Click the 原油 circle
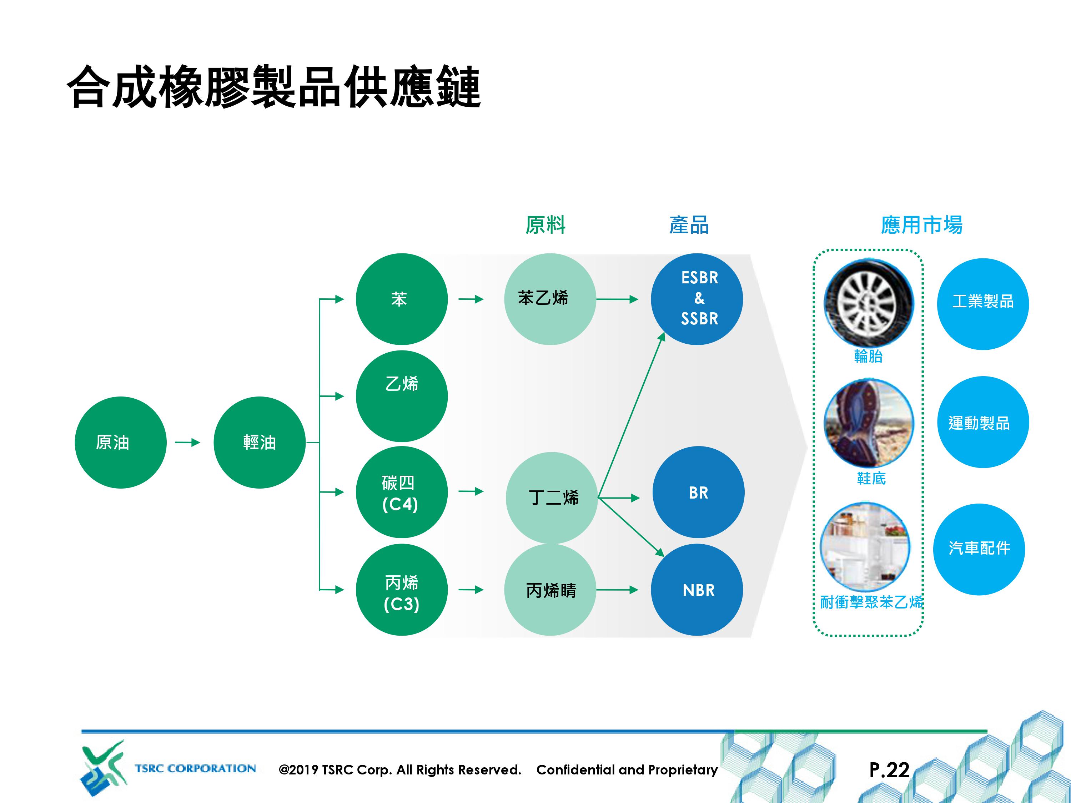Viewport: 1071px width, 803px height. tap(121, 443)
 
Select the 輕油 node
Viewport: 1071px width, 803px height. tap(260, 443)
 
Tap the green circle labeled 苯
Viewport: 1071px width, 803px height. tap(402, 299)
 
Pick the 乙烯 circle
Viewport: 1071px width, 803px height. tap(402, 396)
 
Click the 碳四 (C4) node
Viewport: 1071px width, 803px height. tap(402, 492)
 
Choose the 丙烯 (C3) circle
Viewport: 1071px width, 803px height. tap(402, 590)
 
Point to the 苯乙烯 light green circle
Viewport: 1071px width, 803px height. tap(550, 299)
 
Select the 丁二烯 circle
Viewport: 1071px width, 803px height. tap(552, 498)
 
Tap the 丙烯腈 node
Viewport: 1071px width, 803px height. tap(550, 590)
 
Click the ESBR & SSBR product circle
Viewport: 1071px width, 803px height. tap(697, 299)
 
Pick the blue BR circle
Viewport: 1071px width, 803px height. tap(698, 492)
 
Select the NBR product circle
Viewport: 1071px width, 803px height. tap(697, 590)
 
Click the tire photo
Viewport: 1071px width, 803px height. tap(869, 303)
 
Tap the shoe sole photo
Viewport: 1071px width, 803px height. tap(869, 423)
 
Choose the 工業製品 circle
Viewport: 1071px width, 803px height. tap(983, 304)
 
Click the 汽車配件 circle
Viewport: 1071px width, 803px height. tap(979, 549)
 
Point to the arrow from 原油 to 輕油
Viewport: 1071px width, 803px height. tap(187, 443)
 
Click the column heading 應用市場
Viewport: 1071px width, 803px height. tap(922, 225)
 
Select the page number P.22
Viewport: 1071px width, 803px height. tap(889, 769)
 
